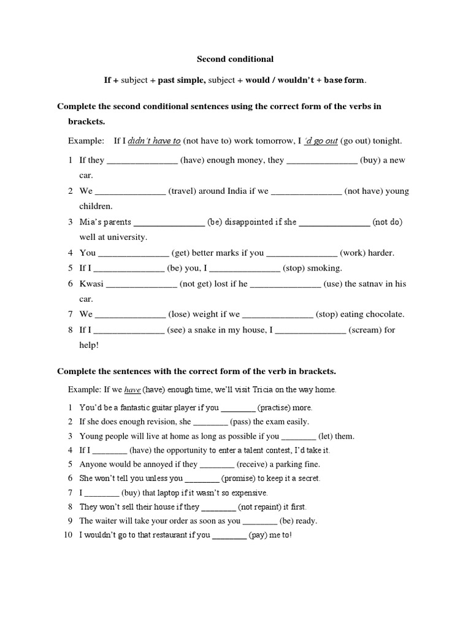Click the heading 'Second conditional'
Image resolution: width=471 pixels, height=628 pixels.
pos(235,59)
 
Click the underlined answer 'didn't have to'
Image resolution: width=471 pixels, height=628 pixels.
pos(155,140)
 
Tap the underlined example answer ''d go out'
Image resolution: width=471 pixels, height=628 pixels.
pos(321,140)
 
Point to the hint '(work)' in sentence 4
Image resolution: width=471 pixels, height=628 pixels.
pos(353,253)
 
